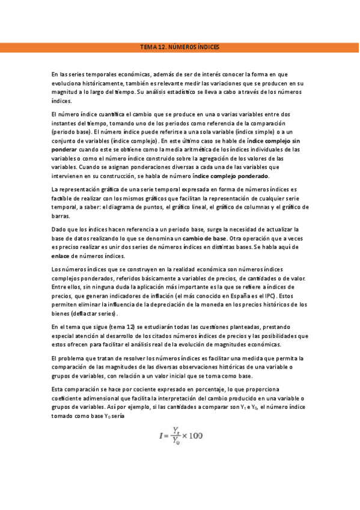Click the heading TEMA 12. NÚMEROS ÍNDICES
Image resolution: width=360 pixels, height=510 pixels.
[x=180, y=46]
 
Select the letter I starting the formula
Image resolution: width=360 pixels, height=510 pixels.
[x=160, y=436]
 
